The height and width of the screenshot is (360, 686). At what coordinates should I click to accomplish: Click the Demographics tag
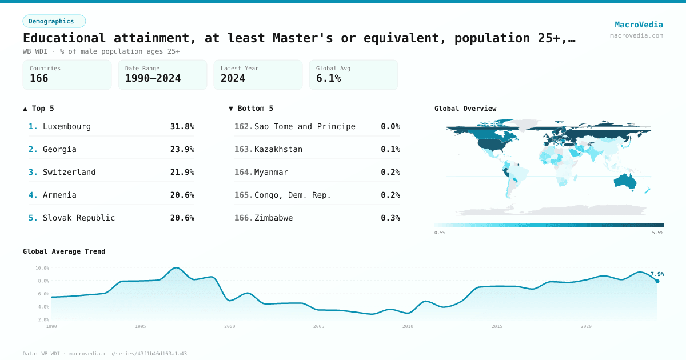pos(54,21)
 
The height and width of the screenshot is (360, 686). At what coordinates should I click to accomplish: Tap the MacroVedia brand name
pos(639,25)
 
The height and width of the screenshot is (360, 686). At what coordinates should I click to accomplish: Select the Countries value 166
pos(39,78)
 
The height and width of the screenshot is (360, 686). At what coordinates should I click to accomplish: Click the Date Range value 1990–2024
pos(153,78)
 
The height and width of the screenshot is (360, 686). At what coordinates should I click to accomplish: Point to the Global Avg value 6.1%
pos(328,78)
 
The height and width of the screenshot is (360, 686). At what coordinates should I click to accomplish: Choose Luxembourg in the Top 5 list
pos(67,126)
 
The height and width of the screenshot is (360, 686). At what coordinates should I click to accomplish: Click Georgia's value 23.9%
pos(182,149)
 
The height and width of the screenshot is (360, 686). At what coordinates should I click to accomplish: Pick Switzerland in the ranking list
pos(69,172)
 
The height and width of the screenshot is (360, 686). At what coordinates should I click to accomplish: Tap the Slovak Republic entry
pos(79,218)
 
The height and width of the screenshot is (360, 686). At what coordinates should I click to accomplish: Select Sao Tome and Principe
pos(305,126)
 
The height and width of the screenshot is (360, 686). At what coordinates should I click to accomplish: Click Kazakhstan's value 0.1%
pos(390,149)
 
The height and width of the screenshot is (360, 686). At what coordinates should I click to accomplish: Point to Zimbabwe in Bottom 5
pos(273,218)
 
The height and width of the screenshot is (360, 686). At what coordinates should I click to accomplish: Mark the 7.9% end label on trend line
pos(657,274)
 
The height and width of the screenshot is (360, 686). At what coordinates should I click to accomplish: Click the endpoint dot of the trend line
pos(657,281)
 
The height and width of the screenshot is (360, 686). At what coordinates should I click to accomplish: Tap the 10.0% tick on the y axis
pos(42,267)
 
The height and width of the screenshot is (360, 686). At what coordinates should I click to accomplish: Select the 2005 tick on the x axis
pos(318,326)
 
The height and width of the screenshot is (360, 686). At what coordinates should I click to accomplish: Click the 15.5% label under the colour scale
pos(656,233)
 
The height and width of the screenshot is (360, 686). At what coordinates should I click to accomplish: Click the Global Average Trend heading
pos(64,251)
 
